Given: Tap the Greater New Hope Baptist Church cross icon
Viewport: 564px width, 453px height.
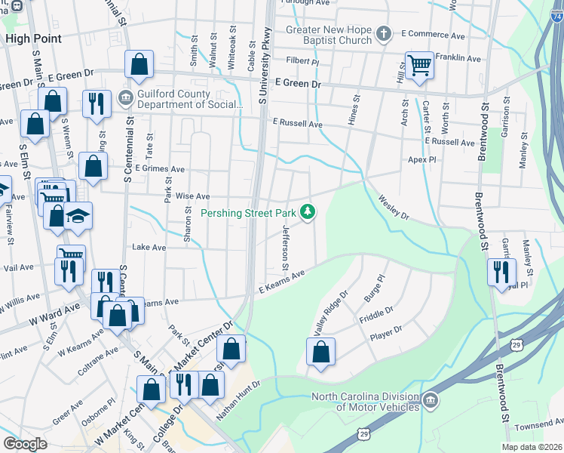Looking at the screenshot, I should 383,33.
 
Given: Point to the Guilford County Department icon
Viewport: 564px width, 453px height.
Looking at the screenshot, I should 125,98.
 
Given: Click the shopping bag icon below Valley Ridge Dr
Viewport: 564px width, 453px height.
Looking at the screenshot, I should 320,351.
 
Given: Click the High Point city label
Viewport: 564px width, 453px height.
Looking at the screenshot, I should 28,37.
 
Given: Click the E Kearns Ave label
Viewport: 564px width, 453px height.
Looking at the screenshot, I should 281,284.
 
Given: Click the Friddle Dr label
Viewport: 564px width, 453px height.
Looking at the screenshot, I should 378,312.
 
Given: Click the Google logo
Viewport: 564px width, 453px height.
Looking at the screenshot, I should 26,444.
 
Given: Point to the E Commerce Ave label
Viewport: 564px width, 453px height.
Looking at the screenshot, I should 433,34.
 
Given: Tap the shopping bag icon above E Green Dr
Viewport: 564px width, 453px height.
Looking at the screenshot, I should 139,64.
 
